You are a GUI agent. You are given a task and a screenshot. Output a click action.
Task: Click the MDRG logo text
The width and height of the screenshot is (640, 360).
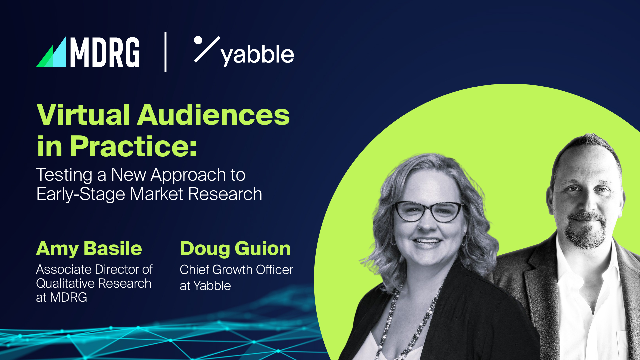tap(105, 52)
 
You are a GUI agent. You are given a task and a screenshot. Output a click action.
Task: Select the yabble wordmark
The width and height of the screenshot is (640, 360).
tap(257, 55)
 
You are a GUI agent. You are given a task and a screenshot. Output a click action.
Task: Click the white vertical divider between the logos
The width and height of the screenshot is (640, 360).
tap(166, 52)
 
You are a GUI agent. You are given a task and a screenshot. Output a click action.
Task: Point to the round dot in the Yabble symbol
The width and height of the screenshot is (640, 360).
tap(198, 40)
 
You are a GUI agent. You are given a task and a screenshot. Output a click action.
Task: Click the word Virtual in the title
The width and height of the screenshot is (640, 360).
tap(83, 115)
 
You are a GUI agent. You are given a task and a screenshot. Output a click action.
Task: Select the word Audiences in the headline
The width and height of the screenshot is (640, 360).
tap(213, 115)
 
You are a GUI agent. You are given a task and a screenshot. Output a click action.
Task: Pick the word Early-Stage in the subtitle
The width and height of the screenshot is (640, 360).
tap(80, 194)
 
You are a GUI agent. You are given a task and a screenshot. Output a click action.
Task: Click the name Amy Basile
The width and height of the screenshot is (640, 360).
tap(89, 249)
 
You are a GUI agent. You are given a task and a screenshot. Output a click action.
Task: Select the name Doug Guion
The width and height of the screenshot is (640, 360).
tap(235, 249)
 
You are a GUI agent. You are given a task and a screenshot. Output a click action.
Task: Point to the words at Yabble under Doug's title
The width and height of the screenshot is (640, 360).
tap(205, 286)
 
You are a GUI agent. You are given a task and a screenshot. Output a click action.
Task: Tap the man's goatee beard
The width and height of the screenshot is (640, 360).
tap(586, 233)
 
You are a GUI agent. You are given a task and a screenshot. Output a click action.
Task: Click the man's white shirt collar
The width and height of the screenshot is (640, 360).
tap(567, 263)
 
